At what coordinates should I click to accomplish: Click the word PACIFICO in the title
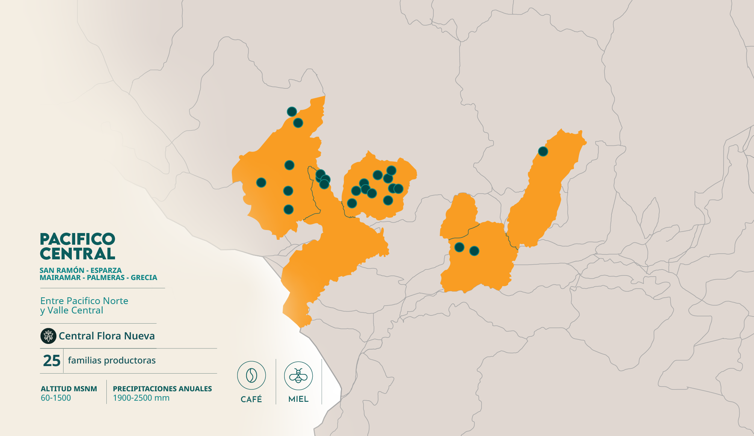pos(77,239)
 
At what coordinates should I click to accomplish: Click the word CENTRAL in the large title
pos(77,254)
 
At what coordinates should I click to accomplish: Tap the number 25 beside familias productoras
pos(51,360)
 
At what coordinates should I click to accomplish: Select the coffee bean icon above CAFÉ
pos(251,375)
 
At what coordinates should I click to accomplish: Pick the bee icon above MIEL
pos(298,375)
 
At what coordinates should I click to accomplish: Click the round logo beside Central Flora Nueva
pos(48,336)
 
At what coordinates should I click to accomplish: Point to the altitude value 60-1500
pos(56,398)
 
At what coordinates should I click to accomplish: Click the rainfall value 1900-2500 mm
pos(141,398)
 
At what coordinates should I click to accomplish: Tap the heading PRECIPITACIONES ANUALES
pos(162,389)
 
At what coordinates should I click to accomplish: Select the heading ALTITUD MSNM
pos(69,389)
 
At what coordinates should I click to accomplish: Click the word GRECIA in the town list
pos(144,278)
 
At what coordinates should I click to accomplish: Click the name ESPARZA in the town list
pos(106,270)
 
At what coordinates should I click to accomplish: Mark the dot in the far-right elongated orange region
pos(543,151)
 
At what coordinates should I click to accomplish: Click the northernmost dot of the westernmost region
pos(292,112)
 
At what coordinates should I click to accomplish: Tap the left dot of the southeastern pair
pos(459,247)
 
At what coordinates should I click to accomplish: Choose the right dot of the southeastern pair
pos(474,251)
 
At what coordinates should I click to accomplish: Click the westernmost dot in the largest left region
pos(261,183)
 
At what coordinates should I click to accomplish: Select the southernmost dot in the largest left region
pos(288,209)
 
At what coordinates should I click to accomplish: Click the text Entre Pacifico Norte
pos(84,301)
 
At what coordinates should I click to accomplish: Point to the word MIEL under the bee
pos(298,399)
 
